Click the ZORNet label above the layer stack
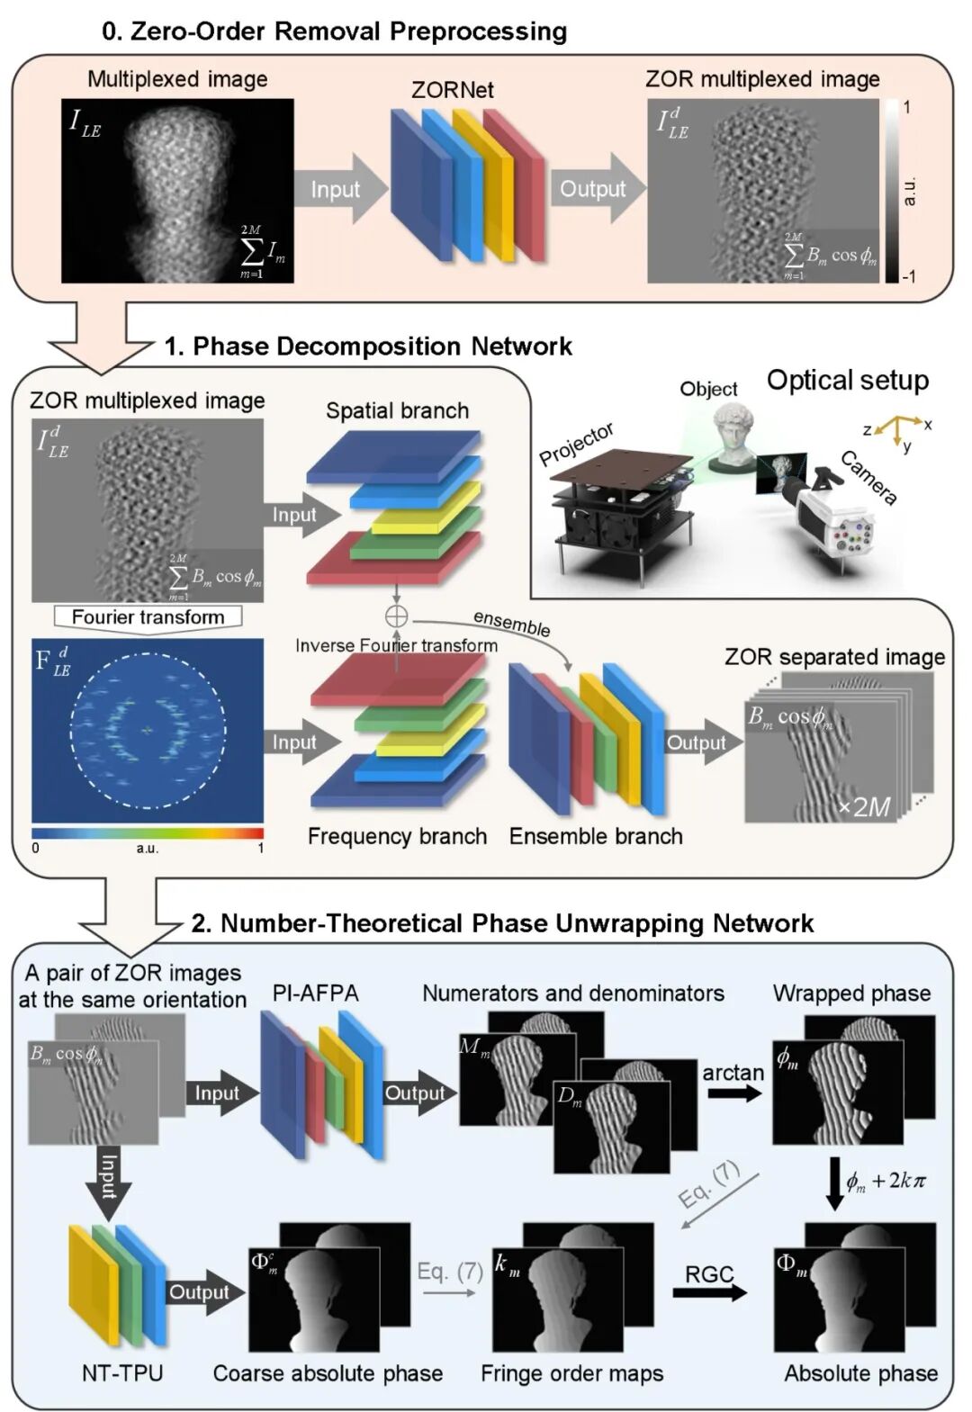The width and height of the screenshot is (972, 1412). [x=452, y=90]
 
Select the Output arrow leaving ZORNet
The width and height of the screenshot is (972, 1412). [x=594, y=189]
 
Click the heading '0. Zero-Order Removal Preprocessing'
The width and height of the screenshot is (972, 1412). [x=334, y=31]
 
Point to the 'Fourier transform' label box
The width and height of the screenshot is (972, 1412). [x=148, y=617]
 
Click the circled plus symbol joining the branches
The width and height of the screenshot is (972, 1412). [x=396, y=616]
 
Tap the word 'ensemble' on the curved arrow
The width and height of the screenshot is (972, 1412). [x=511, y=623]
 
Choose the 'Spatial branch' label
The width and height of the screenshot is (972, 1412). [x=397, y=410]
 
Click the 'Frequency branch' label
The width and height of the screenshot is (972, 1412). [x=397, y=836]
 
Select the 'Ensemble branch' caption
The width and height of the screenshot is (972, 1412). [x=596, y=836]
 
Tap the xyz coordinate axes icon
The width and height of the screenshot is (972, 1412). [x=897, y=429]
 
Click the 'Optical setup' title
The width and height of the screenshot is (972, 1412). [x=847, y=380]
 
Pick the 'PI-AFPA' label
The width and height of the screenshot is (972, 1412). [x=315, y=993]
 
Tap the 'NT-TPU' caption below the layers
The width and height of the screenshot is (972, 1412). [x=122, y=1372]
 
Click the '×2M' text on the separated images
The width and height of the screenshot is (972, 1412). [x=864, y=806]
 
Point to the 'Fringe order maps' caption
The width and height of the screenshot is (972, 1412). [x=571, y=1372]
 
